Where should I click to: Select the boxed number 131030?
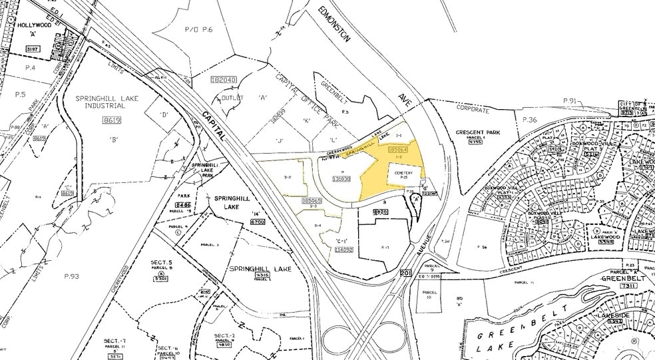341,178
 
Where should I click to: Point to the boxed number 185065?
312,200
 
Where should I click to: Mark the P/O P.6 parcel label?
198,30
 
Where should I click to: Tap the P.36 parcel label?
530,120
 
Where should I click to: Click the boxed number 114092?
342,250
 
